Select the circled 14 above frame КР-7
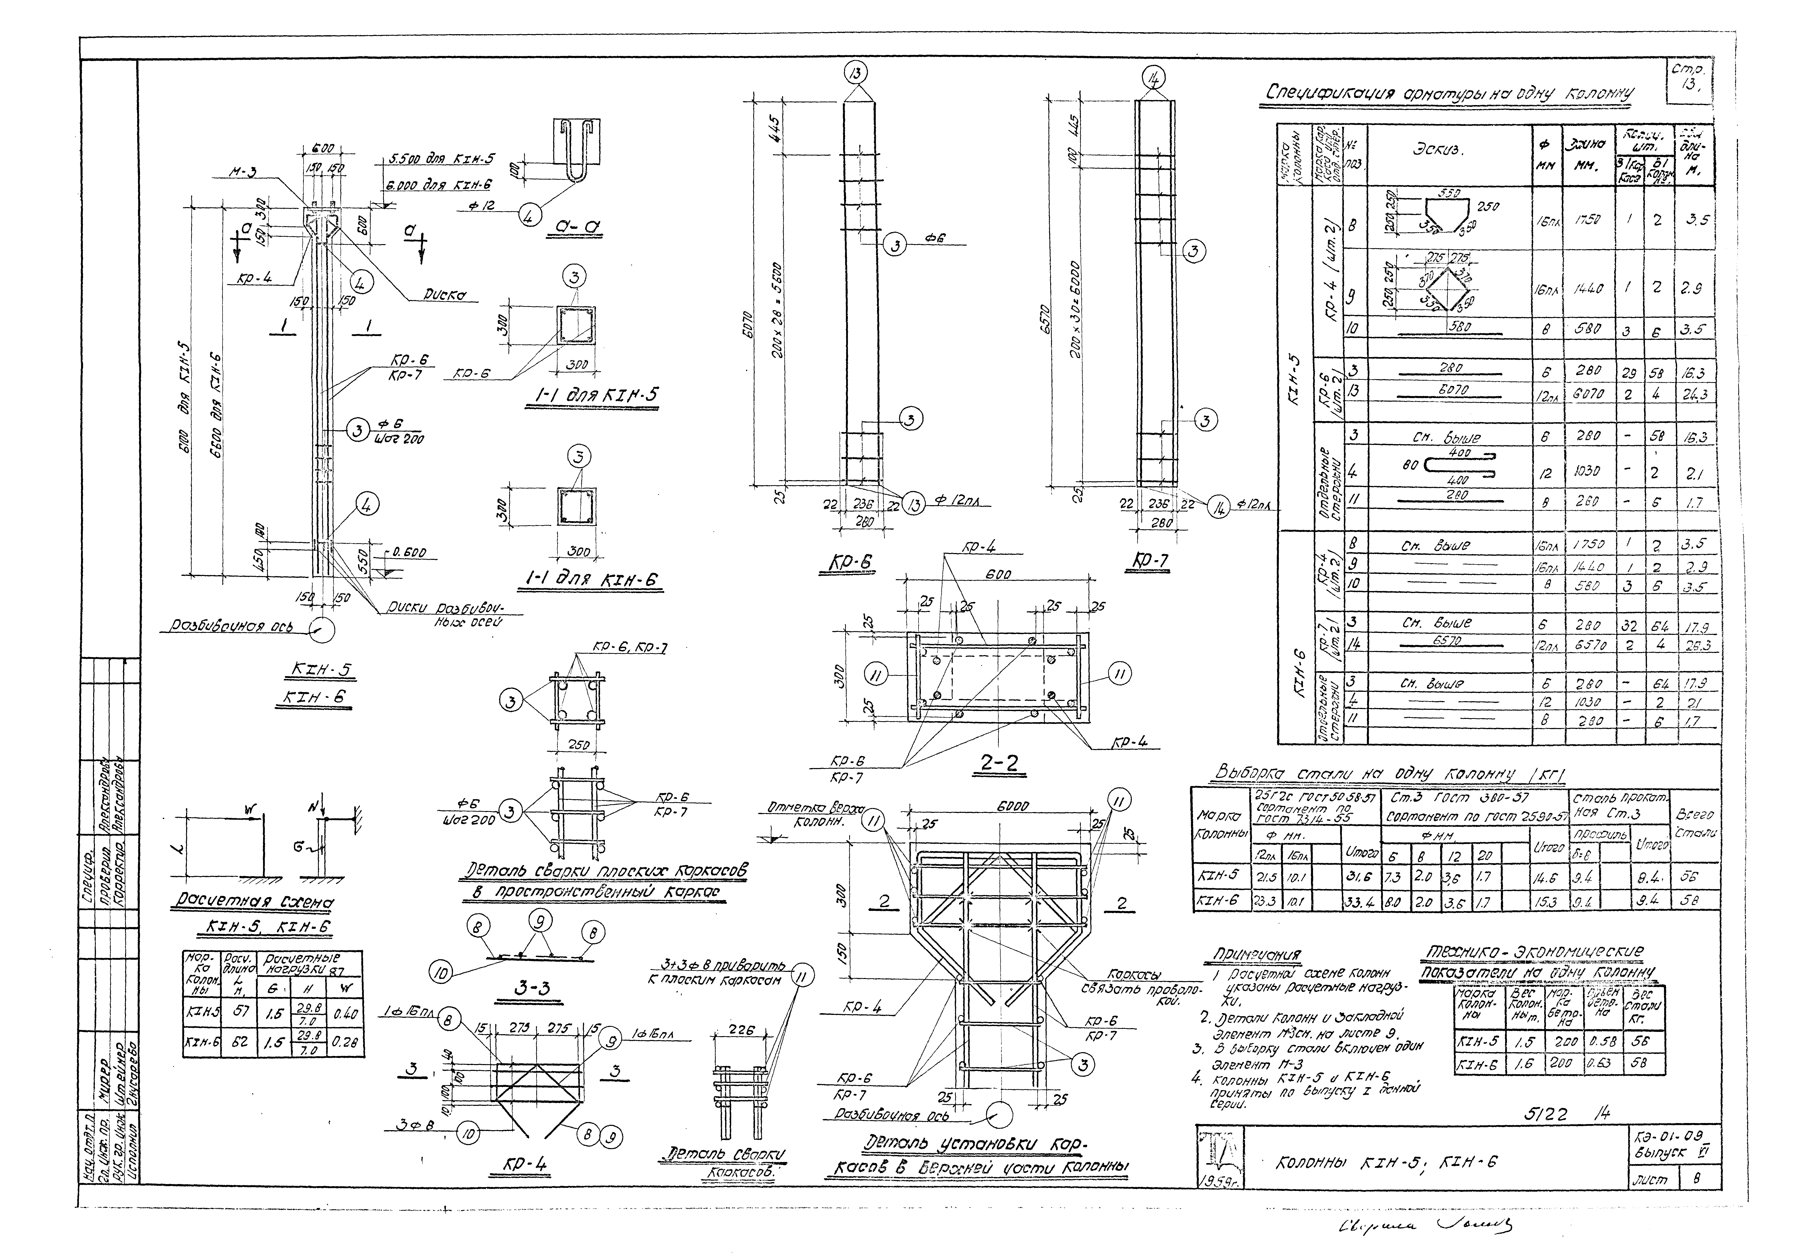[1154, 77]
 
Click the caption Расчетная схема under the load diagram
[252, 903]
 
